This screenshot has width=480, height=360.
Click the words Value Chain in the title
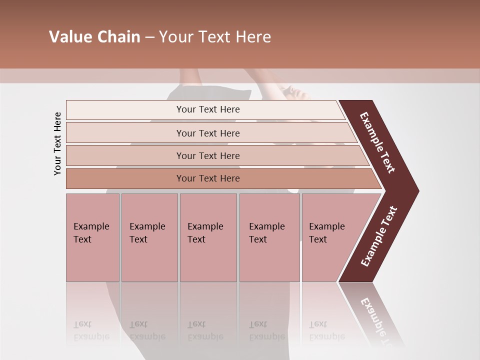(x=94, y=37)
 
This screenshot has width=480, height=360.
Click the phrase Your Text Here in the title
(x=215, y=37)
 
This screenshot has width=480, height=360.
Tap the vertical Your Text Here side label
(x=57, y=143)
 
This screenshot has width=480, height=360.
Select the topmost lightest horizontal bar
(x=207, y=109)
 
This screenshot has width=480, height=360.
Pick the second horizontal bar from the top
(x=207, y=133)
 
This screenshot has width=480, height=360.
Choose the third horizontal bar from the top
(x=207, y=155)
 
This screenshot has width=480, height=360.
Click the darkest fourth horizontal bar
(x=207, y=178)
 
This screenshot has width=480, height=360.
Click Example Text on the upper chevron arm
(x=377, y=142)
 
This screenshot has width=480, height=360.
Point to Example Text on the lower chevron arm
(x=379, y=236)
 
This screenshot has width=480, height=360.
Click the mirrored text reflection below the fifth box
(x=326, y=330)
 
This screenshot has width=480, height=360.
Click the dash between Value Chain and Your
(x=149, y=37)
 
